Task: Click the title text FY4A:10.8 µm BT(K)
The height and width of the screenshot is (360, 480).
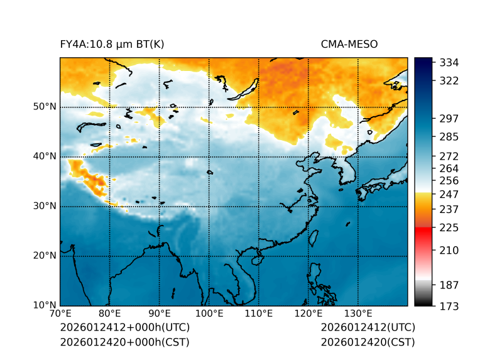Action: click(x=112, y=44)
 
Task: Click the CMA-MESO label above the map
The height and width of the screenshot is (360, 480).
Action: click(x=349, y=44)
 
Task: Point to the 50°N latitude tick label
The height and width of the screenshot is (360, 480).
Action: click(x=45, y=107)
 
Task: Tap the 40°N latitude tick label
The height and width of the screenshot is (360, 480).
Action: click(x=45, y=156)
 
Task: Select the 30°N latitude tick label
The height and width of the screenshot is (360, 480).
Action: click(x=45, y=206)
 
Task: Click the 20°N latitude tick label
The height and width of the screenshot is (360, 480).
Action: click(x=45, y=256)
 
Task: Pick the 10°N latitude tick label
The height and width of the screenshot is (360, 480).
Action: click(x=45, y=305)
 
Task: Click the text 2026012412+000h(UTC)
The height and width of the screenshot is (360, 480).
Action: click(x=124, y=328)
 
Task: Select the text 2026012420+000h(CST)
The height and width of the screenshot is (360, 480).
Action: click(x=124, y=342)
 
